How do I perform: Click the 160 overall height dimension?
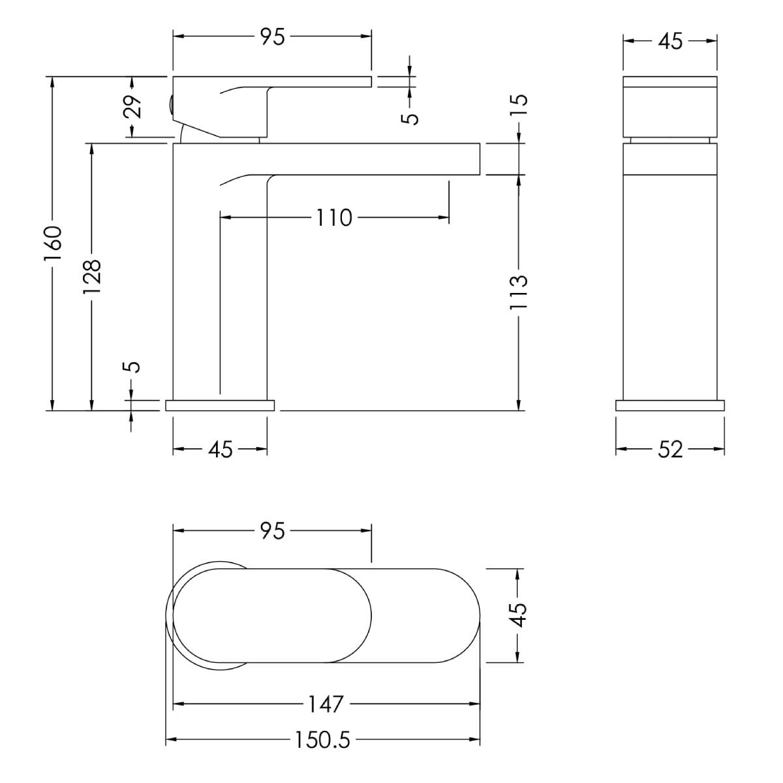click(x=53, y=243)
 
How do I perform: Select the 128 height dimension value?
click(x=91, y=277)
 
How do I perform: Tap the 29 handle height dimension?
click(x=132, y=106)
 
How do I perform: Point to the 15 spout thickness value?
click(x=519, y=105)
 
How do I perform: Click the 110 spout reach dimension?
click(x=333, y=218)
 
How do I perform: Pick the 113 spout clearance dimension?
click(x=519, y=293)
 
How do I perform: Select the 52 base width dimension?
click(x=670, y=450)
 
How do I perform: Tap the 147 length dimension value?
click(x=326, y=704)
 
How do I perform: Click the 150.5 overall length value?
click(x=322, y=740)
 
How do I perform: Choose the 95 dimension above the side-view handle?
click(x=273, y=37)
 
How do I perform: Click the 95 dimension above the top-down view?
click(x=273, y=530)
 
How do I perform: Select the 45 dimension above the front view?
click(x=670, y=42)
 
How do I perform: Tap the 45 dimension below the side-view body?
click(x=221, y=450)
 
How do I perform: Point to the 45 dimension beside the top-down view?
click(x=518, y=615)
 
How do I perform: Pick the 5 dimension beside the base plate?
click(x=133, y=367)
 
